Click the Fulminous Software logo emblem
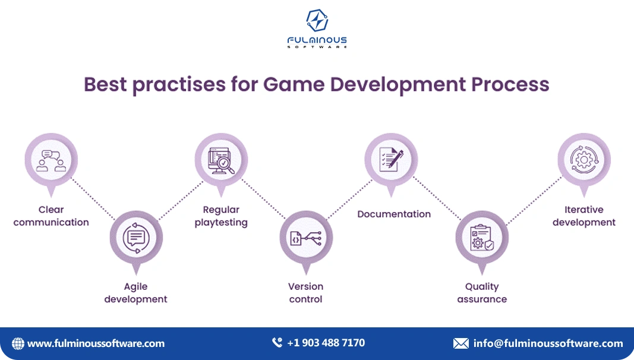(x=317, y=21)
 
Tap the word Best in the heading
(x=105, y=84)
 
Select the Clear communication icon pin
(x=51, y=160)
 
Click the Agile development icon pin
(x=136, y=237)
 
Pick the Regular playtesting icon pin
(x=221, y=160)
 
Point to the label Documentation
(x=394, y=214)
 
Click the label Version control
(x=306, y=293)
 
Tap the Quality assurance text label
(x=482, y=293)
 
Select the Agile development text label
(x=136, y=293)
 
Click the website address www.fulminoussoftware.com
(x=96, y=343)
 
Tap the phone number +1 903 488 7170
(x=326, y=343)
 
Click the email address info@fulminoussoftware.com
(x=548, y=343)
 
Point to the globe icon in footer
(x=18, y=343)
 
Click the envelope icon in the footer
(x=460, y=343)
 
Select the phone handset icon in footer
(x=277, y=343)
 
